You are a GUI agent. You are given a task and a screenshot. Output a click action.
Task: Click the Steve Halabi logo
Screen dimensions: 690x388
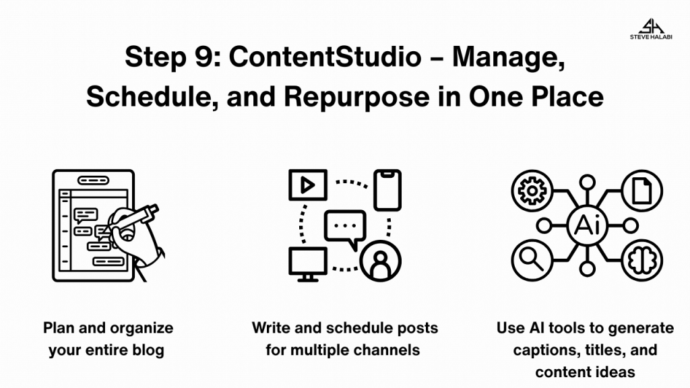click(x=651, y=29)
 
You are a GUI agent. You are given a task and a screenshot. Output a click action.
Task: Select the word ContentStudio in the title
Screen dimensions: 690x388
click(x=325, y=57)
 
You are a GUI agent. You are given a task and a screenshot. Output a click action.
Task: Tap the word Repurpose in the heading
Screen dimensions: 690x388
click(x=356, y=97)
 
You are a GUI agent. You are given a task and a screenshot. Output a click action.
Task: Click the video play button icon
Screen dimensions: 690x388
click(x=307, y=185)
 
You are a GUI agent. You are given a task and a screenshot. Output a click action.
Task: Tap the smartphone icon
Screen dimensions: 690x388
click(x=387, y=189)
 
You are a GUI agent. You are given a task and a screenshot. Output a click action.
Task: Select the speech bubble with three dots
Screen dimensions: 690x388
click(x=346, y=229)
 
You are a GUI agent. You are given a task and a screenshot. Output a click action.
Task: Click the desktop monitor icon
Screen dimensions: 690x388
click(x=307, y=264)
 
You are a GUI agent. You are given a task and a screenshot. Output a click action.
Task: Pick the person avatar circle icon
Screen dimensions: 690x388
click(x=380, y=261)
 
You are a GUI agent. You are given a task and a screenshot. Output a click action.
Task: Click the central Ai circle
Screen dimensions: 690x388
click(x=587, y=226)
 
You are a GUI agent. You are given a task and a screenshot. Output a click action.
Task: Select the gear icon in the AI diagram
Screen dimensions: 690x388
click(x=532, y=191)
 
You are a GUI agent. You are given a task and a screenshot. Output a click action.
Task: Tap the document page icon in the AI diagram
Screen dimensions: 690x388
click(x=641, y=191)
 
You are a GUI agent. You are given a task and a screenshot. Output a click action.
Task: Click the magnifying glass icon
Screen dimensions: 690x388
click(x=532, y=260)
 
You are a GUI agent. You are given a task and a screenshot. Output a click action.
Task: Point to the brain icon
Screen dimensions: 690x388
click(x=641, y=260)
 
